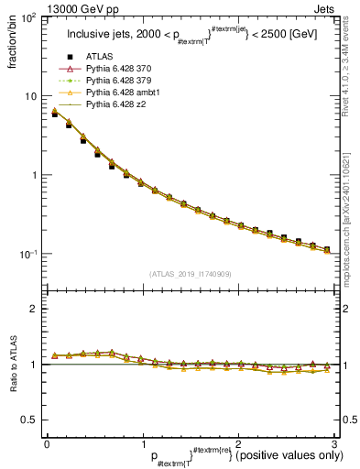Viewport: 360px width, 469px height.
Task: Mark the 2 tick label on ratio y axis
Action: click(x=33, y=309)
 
